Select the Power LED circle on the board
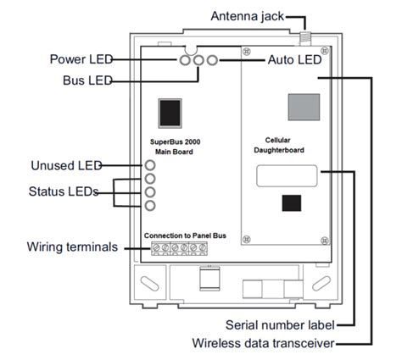(x=184, y=61)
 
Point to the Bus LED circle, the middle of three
(x=198, y=61)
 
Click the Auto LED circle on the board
(x=212, y=61)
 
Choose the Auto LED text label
(x=293, y=60)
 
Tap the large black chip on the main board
(x=171, y=113)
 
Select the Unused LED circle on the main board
(x=150, y=165)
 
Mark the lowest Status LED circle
(x=150, y=206)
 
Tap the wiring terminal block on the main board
(x=177, y=248)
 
